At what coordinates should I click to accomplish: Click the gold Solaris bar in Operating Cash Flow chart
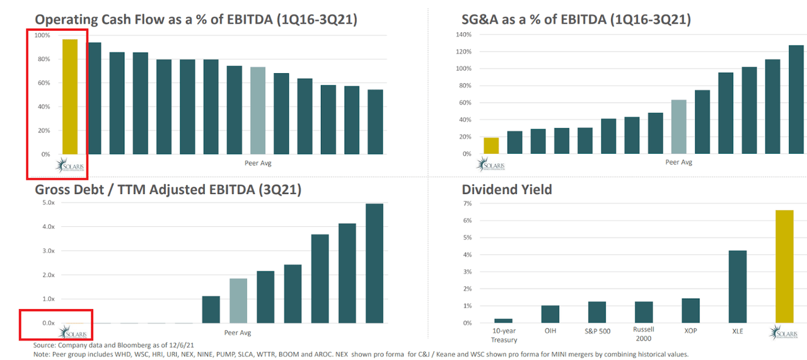click(69, 97)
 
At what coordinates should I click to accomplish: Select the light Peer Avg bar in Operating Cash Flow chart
click(257, 110)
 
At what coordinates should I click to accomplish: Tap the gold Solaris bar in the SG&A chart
click(491, 146)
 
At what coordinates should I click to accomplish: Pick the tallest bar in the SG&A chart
click(796, 100)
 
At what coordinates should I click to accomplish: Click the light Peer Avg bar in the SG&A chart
click(679, 127)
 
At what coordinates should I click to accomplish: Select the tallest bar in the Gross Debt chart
click(374, 263)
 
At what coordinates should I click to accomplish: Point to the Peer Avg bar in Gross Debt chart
click(238, 301)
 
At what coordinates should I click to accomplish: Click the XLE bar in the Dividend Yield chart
click(737, 287)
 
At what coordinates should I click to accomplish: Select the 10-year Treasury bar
click(503, 321)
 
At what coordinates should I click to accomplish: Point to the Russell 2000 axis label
click(644, 334)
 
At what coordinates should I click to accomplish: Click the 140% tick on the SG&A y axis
click(463, 35)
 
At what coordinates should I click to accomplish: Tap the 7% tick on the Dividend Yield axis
click(467, 204)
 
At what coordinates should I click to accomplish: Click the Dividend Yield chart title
click(507, 189)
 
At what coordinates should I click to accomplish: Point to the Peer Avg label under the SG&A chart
click(679, 163)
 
